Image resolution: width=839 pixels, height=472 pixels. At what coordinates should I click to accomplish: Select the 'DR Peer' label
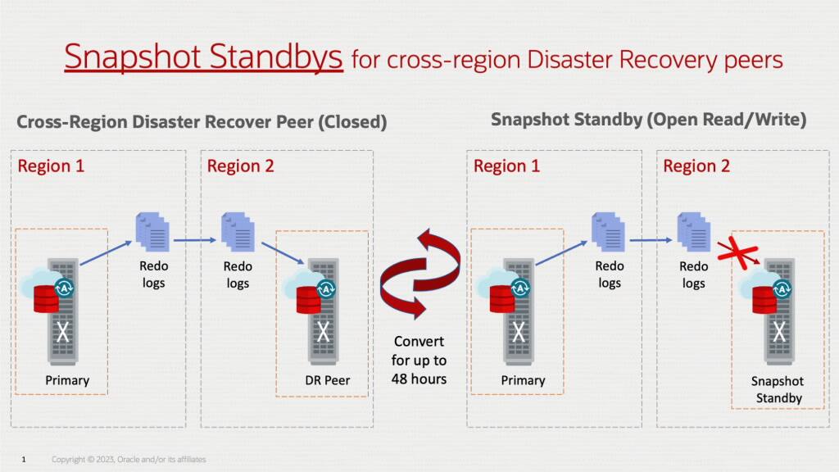coord(320,379)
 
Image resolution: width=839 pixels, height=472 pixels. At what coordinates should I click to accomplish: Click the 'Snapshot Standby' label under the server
coord(777,390)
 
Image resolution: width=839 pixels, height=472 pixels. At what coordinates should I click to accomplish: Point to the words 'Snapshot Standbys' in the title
coord(203,57)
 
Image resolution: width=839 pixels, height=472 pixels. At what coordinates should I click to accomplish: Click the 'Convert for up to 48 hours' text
coord(419,360)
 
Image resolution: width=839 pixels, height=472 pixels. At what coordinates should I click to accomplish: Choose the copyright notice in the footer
coord(129,460)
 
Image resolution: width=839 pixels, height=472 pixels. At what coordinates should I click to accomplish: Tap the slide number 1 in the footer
coord(24,460)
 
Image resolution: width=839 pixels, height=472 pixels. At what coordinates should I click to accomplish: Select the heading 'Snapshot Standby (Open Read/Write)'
coord(648,120)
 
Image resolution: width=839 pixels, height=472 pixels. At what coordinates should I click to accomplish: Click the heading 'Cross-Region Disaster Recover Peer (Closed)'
coord(202,122)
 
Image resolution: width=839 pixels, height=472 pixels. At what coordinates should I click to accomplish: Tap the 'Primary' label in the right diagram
coord(523,380)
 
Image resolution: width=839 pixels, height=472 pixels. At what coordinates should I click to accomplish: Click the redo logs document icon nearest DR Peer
coord(238,232)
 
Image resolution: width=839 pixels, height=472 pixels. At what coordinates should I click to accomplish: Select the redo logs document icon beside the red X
coord(693,232)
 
